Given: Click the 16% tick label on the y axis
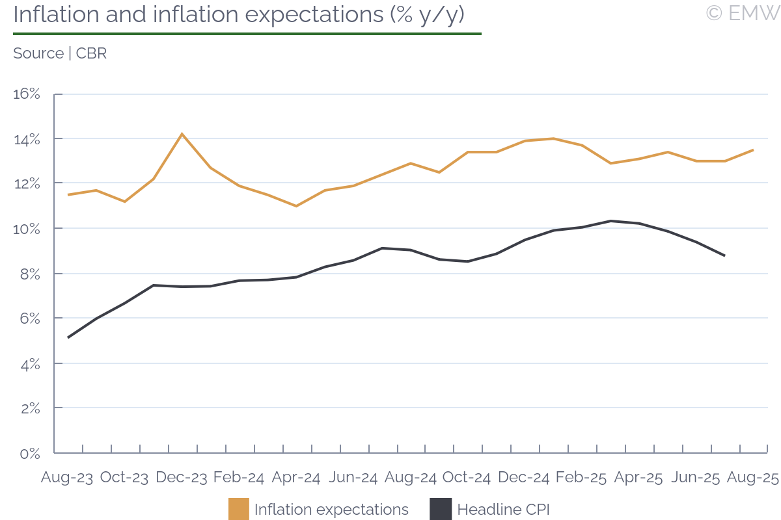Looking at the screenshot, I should point(27,94).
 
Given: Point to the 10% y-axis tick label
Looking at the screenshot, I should point(27,229).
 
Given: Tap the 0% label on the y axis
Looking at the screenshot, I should point(30,453).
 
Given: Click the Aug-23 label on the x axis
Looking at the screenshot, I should point(67,478).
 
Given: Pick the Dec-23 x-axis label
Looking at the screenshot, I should point(182,478).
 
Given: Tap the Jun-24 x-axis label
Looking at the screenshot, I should point(353,478).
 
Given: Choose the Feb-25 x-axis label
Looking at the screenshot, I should point(582,478).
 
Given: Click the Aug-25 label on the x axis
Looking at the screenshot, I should point(753,478).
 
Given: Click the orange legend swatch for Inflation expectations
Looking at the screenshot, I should point(239,509).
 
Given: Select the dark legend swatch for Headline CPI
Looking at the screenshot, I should point(441,509).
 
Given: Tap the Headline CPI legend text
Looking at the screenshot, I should point(503,509).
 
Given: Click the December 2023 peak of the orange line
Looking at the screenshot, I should point(182,134).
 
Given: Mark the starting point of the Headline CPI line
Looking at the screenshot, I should point(68,337).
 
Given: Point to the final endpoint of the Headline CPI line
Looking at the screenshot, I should point(724,255).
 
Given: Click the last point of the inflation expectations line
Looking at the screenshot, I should point(753,150).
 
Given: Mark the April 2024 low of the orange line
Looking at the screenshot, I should point(296,206).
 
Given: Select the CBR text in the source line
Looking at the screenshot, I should point(91,53).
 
